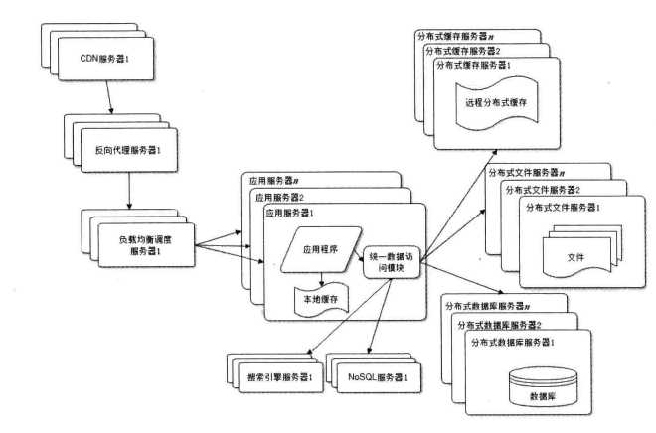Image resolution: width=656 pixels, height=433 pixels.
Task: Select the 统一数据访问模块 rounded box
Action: (394, 261)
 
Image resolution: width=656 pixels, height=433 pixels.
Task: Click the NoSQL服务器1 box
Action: (378, 378)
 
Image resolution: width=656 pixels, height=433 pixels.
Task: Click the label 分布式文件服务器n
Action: (532, 172)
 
